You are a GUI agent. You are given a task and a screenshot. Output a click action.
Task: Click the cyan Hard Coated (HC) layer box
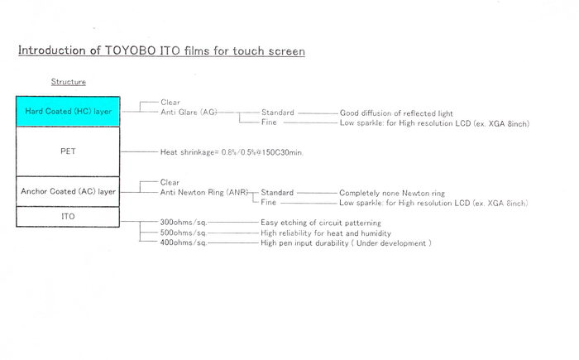[x=68, y=111]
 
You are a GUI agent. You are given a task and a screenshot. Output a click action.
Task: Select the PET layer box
[x=68, y=151]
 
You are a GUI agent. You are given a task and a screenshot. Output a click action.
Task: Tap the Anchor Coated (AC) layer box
[x=68, y=191]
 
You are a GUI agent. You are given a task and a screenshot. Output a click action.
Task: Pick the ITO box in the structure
[x=68, y=217]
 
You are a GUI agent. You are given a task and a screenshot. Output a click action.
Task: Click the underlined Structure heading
[x=69, y=82]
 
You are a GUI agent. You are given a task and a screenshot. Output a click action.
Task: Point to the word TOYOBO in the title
[x=131, y=50]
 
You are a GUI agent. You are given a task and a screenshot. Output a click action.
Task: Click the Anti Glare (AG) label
[x=189, y=112]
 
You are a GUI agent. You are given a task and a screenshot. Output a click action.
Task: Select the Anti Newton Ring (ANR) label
[x=203, y=192]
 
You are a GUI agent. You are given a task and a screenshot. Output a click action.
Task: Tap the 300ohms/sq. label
[x=183, y=222]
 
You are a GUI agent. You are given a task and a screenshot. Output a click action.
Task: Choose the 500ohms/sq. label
[x=183, y=233]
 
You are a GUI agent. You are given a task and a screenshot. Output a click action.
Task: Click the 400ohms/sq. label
[x=183, y=242]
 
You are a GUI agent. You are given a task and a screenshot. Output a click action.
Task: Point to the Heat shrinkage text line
[x=232, y=152]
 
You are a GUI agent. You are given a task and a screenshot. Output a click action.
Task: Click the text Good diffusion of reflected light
[x=396, y=113]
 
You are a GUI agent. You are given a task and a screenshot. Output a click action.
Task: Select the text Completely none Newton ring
[x=392, y=193]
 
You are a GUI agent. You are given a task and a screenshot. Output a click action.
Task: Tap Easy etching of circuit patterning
[x=321, y=223]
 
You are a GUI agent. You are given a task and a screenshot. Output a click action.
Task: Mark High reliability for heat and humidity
[x=326, y=233]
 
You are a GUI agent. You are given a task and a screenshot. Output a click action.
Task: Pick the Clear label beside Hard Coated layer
[x=170, y=102]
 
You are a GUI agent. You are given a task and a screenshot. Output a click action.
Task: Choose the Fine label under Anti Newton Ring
[x=269, y=202]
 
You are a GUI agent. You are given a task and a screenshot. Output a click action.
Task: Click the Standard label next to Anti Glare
[x=278, y=113]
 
